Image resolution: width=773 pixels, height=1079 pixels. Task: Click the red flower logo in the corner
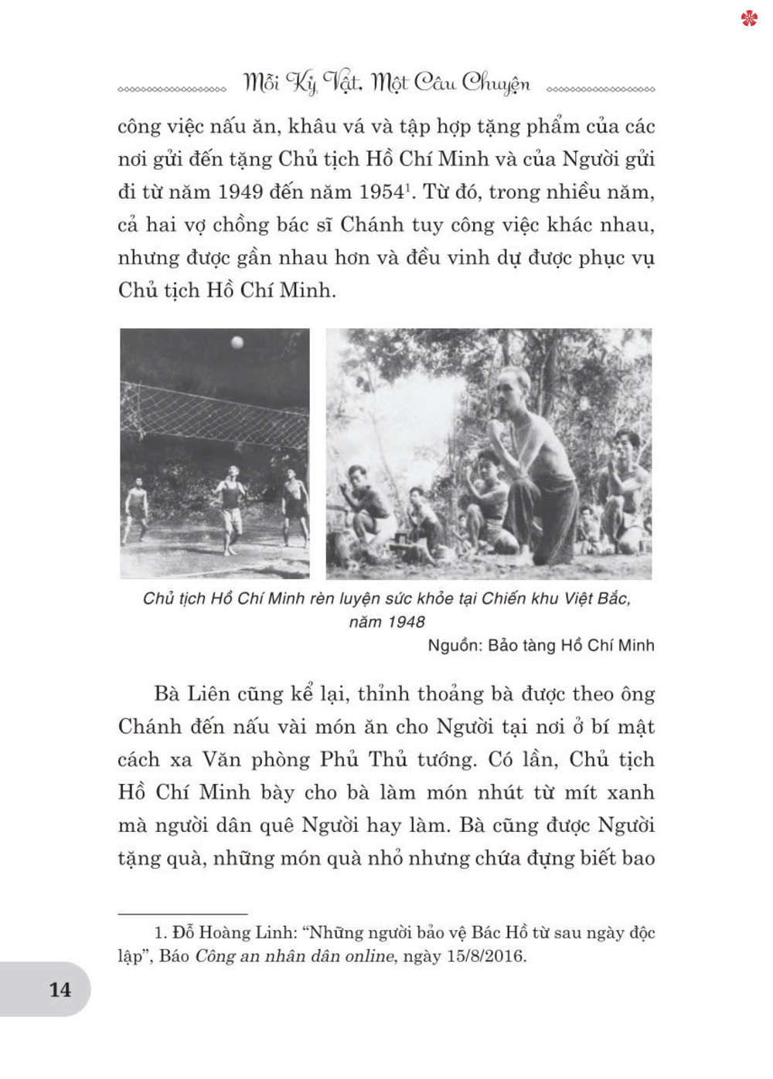749,18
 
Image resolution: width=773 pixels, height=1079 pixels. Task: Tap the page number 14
60,990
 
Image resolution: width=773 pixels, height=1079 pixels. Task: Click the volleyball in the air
237,342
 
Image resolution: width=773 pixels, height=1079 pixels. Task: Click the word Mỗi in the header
261,83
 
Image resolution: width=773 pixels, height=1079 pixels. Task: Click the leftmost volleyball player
136,510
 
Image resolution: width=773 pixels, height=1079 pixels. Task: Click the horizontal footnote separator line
182,914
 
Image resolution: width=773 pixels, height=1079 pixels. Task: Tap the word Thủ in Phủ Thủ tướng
388,759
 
